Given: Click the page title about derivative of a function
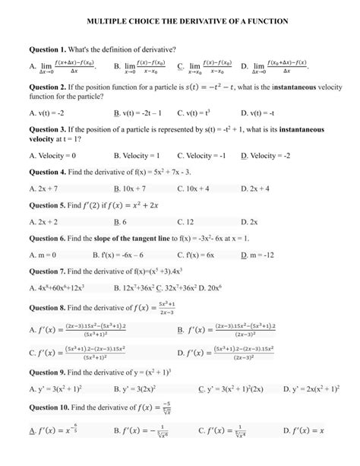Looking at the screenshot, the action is coord(180,24).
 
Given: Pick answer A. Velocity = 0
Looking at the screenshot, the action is coord(55,154).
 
